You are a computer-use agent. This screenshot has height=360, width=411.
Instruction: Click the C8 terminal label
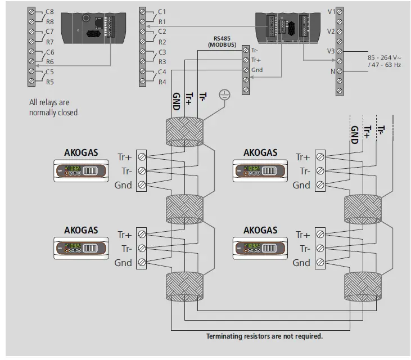tap(49, 11)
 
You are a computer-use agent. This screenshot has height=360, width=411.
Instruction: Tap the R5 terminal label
tap(49, 82)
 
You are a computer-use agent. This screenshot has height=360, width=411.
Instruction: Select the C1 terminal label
tap(162, 11)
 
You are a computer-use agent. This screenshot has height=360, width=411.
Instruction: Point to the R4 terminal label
tap(162, 82)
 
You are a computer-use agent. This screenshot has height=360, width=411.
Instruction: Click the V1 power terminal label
tap(331, 11)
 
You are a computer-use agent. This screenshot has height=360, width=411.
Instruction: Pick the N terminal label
tap(333, 71)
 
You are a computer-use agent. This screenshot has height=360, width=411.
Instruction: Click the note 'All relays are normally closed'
tap(53, 107)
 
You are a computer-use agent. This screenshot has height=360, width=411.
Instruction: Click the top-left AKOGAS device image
tap(80, 170)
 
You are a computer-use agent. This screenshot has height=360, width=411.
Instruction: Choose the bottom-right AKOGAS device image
tap(260, 247)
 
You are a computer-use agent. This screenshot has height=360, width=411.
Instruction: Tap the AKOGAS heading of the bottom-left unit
tap(80, 230)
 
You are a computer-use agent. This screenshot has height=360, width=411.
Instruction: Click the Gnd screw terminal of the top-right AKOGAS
tap(320, 185)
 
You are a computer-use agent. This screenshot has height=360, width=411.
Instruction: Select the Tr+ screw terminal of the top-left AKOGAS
tap(141, 157)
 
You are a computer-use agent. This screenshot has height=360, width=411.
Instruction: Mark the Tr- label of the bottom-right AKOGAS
tap(305, 249)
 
